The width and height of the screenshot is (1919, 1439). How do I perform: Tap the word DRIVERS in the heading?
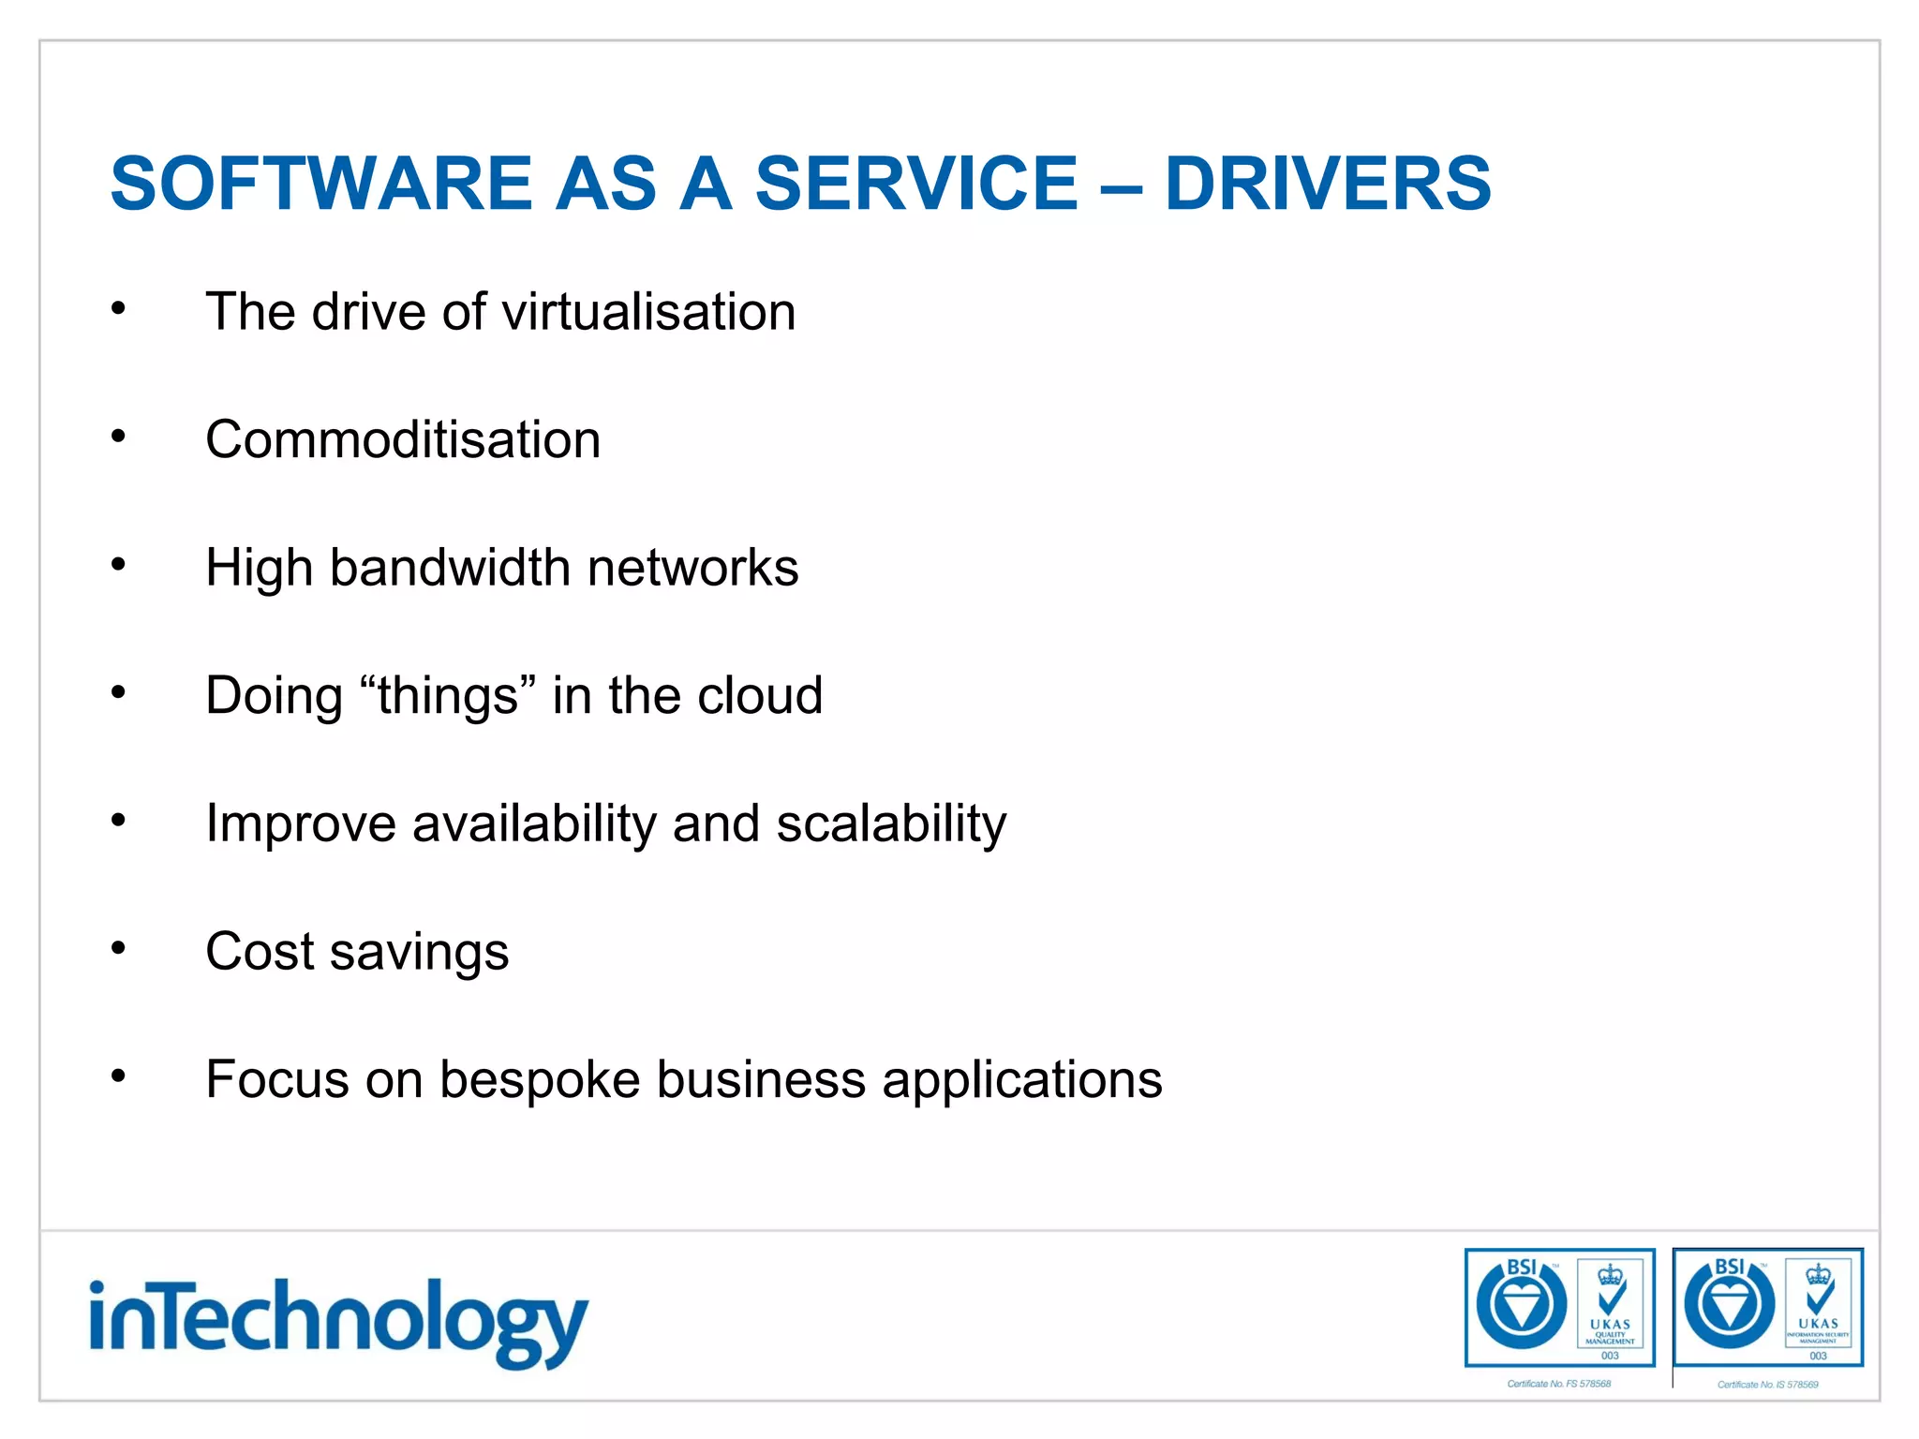[1327, 184]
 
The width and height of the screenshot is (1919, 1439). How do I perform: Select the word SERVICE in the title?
[915, 184]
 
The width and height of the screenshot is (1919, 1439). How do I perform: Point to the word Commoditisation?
[403, 439]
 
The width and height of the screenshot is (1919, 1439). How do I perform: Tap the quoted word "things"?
[449, 696]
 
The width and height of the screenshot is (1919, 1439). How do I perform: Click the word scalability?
[891, 824]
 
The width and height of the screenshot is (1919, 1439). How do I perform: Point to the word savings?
[419, 953]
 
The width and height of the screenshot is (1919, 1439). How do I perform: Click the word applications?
[1021, 1080]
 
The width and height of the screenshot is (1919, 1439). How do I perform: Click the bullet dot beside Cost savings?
[118, 949]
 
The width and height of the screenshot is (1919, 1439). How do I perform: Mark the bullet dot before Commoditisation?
[118, 436]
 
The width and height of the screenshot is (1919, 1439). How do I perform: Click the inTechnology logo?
[338, 1322]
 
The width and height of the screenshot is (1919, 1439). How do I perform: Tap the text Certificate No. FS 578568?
[1558, 1384]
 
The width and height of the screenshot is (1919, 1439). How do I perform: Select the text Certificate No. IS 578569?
[1767, 1385]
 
